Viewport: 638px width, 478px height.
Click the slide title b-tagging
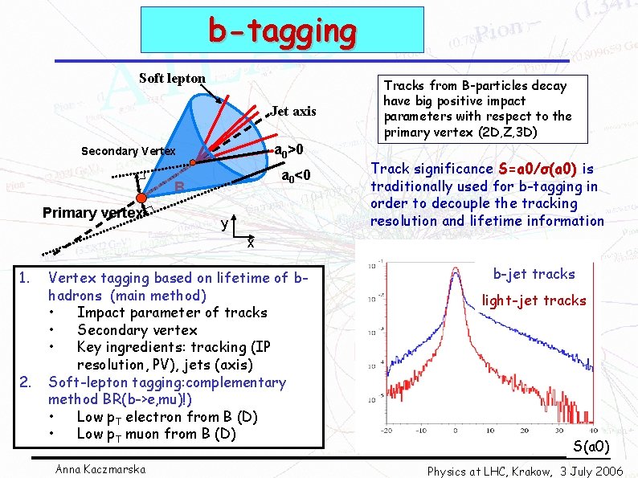pyautogui.click(x=282, y=31)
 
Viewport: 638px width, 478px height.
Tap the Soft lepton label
pyautogui.click(x=172, y=78)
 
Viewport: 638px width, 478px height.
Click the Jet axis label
pyautogui.click(x=293, y=111)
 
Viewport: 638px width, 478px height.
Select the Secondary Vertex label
pyautogui.click(x=129, y=151)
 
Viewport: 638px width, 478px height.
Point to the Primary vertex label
pyautogui.click(x=93, y=213)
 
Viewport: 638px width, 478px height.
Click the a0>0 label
pyautogui.click(x=289, y=150)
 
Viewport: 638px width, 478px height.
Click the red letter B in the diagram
pyautogui.click(x=180, y=188)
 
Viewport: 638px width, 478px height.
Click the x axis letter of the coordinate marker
pyautogui.click(x=250, y=242)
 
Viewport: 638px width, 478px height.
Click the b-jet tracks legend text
pyautogui.click(x=534, y=274)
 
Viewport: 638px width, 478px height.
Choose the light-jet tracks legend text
pyautogui.click(x=534, y=300)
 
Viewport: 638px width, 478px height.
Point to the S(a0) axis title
pyautogui.click(x=591, y=447)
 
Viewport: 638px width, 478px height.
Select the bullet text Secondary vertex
pyautogui.click(x=137, y=329)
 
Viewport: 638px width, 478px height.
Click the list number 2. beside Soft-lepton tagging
pyautogui.click(x=25, y=382)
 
